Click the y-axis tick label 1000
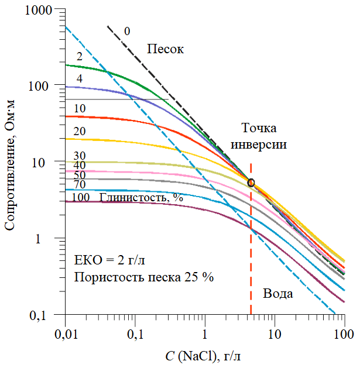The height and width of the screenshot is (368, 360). (39, 10)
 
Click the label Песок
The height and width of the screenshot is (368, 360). (165, 49)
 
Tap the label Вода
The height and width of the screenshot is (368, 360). (277, 294)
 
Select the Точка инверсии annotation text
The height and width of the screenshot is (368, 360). (265, 136)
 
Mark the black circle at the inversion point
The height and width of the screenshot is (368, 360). (251, 183)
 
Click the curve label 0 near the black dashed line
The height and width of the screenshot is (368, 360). (127, 30)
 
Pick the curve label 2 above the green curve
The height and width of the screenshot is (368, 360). (79, 57)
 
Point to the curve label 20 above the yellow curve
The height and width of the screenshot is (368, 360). (80, 131)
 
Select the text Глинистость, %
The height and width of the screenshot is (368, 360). (141, 197)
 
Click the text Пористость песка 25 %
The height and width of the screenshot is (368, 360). (144, 277)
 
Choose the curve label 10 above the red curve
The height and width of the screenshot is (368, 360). (80, 108)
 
